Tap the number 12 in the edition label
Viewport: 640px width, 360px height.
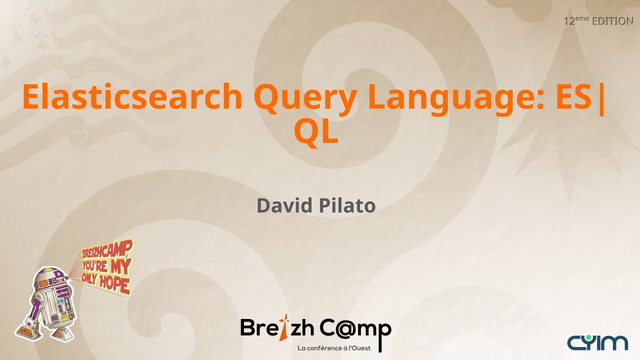tap(568, 21)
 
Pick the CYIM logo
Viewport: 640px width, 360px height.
tap(597, 342)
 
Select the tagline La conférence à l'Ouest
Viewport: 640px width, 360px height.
tap(334, 348)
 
